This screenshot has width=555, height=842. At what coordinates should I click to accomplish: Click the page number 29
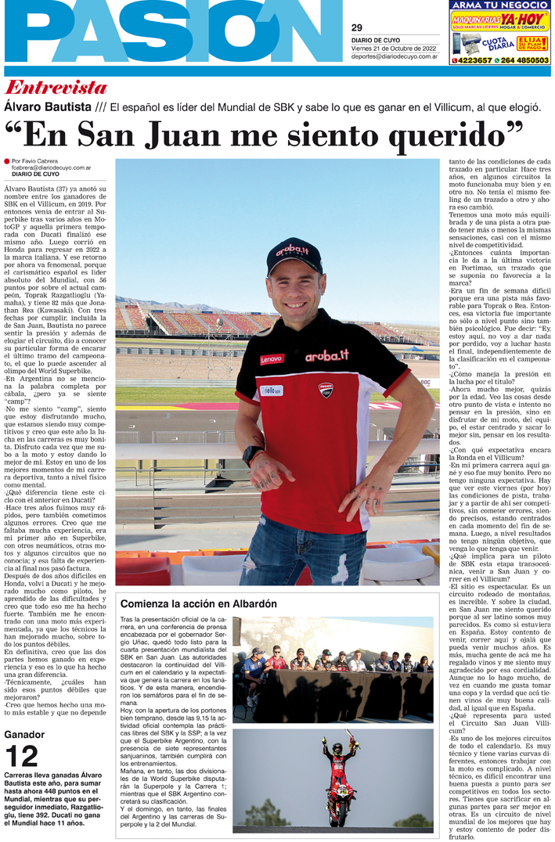pyautogui.click(x=356, y=27)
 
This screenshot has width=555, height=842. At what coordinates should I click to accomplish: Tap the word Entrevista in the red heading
pyautogui.click(x=56, y=87)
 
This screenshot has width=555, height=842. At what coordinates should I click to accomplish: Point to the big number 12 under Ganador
pyautogui.click(x=21, y=757)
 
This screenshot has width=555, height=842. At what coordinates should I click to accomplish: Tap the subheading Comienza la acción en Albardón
pyautogui.click(x=198, y=603)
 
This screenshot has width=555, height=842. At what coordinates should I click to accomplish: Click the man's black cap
pyautogui.click(x=294, y=255)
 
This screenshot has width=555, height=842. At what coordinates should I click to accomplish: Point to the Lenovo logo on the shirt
pyautogui.click(x=272, y=358)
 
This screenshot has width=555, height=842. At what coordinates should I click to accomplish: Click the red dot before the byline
pyautogui.click(x=7, y=160)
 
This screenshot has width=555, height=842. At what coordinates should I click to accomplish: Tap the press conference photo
pyautogui.click(x=333, y=669)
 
